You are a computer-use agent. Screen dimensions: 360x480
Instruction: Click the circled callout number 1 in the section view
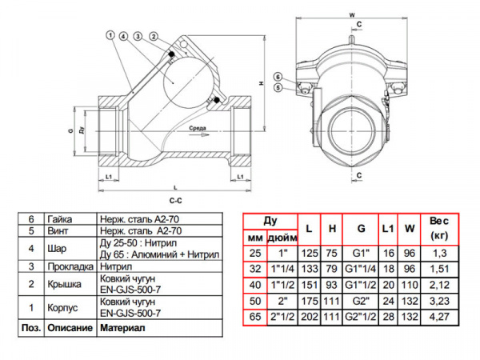click(108, 34)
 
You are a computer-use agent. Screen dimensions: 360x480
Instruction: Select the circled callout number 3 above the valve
click(139, 36)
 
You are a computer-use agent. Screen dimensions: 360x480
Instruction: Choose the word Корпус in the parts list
click(63, 307)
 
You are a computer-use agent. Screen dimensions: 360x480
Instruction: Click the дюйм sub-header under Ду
click(279, 237)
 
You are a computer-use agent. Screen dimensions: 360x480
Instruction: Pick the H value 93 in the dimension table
click(330, 285)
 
